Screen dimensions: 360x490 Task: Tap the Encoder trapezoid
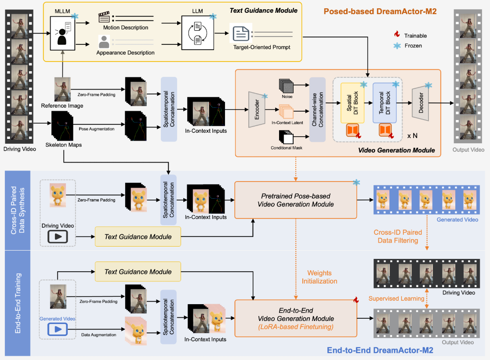(257, 109)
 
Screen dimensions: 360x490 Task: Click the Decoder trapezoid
(421, 103)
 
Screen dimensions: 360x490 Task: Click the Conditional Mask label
(286, 148)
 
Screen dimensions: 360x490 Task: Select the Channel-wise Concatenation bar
(317, 109)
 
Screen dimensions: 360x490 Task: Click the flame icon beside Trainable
(397, 35)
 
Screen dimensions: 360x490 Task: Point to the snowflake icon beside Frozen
(397, 45)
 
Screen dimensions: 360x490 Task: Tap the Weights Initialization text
(319, 277)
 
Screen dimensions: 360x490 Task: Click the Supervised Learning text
(396, 298)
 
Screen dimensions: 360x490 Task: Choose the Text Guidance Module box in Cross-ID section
(138, 236)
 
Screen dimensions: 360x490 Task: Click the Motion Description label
(126, 28)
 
